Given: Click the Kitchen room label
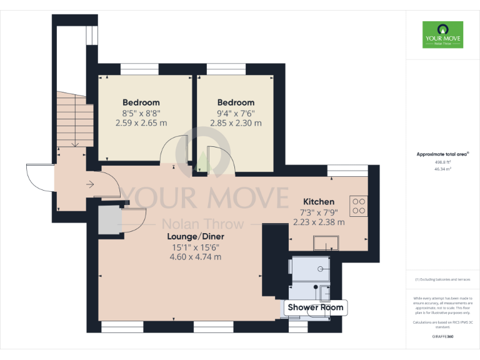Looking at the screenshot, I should [x=318, y=202].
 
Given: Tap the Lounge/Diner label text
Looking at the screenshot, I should [x=195, y=237].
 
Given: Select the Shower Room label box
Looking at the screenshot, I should [x=315, y=307].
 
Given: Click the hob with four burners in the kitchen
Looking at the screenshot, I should [x=359, y=206].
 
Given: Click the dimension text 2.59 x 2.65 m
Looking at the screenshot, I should [x=141, y=123].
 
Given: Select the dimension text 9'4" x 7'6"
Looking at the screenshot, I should [x=236, y=113].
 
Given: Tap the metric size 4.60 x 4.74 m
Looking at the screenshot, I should [x=196, y=257].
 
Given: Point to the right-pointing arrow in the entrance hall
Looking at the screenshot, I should [x=90, y=184].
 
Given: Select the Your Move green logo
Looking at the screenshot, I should [x=442, y=34].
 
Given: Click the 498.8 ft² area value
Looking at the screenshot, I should [x=442, y=161].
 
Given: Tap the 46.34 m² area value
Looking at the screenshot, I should [x=442, y=168].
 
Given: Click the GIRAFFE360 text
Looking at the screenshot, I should [x=442, y=337].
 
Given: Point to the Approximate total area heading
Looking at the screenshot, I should [x=442, y=154].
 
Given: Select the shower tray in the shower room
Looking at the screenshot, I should [x=311, y=269].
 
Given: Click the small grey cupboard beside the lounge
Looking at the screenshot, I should [x=107, y=220].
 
